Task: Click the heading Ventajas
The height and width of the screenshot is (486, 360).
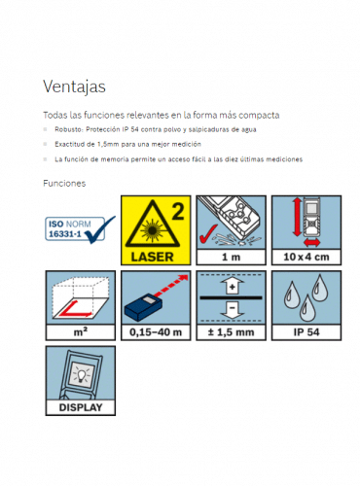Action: (x=74, y=87)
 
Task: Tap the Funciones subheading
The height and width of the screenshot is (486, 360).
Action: (x=64, y=184)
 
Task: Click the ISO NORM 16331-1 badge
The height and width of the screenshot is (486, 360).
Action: (x=80, y=229)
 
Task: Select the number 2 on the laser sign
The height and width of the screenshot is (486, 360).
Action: (x=178, y=211)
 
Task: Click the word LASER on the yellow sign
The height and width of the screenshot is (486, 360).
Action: (x=152, y=257)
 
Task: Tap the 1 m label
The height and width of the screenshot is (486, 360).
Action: (x=231, y=258)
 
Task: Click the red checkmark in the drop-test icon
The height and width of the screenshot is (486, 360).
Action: (x=207, y=234)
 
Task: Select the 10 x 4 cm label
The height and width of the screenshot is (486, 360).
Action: (x=306, y=257)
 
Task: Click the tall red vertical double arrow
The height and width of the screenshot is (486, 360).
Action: (x=297, y=217)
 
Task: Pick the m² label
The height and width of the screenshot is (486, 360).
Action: (x=81, y=332)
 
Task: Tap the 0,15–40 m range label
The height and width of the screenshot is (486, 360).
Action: (x=156, y=332)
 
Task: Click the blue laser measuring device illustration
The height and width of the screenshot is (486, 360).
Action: (x=143, y=308)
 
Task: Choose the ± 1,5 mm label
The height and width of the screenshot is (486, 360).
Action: (x=231, y=332)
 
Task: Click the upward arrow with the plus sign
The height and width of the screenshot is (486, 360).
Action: (x=232, y=285)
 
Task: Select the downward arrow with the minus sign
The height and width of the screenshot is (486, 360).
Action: (x=232, y=310)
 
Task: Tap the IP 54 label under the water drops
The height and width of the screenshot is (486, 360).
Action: (x=306, y=332)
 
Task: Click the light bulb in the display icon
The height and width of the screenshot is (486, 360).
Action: (x=81, y=375)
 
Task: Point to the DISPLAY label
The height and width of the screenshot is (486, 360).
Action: (x=81, y=407)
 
